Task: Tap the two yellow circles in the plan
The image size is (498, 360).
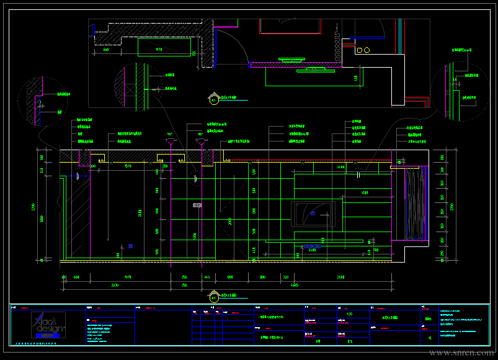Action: (x=363, y=50)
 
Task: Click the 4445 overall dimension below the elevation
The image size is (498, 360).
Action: (x=294, y=285)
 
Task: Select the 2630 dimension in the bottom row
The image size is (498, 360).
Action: (x=115, y=285)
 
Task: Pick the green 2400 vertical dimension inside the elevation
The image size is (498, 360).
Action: (x=144, y=212)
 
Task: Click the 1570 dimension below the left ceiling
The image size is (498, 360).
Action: (x=128, y=166)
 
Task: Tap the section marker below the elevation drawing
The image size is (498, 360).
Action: (x=215, y=296)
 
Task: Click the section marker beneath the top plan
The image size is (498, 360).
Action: (x=214, y=98)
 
